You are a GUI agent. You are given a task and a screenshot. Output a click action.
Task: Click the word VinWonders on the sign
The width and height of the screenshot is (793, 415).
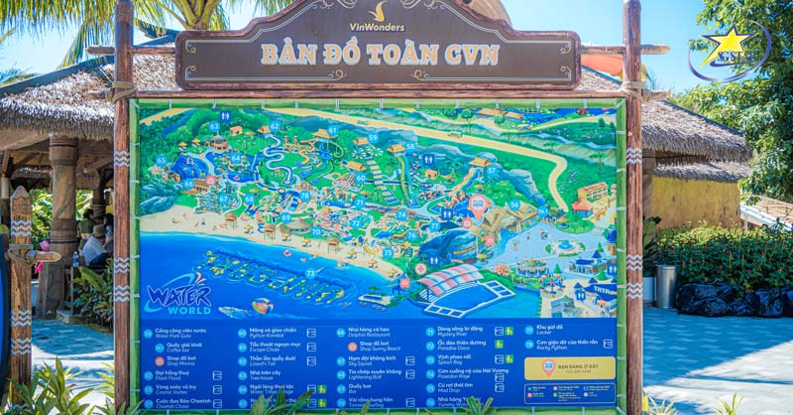pos(378,27)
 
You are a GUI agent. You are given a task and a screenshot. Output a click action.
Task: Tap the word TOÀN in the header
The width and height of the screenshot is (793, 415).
pos(392,54)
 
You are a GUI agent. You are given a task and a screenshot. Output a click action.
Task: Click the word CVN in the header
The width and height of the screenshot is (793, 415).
pos(471,54)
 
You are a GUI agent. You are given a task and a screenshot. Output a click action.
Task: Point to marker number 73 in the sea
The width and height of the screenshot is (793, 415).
pos(310,273)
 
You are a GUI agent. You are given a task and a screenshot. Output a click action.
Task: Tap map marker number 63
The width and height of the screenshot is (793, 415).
pos(214,127)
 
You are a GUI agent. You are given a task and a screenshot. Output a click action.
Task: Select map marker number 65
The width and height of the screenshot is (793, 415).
pos(162,160)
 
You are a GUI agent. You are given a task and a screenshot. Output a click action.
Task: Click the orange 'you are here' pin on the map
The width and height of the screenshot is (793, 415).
pos(478,205)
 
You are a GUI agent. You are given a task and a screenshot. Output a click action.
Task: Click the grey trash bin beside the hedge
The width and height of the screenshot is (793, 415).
pos(666,286)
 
